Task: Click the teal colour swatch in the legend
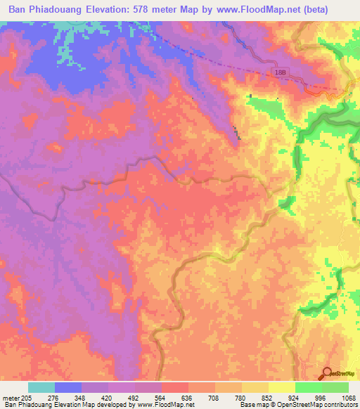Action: (x=41, y=388)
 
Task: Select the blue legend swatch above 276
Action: (x=67, y=388)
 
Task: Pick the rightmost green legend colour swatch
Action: (x=335, y=388)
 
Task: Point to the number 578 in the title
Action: (x=171, y=11)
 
